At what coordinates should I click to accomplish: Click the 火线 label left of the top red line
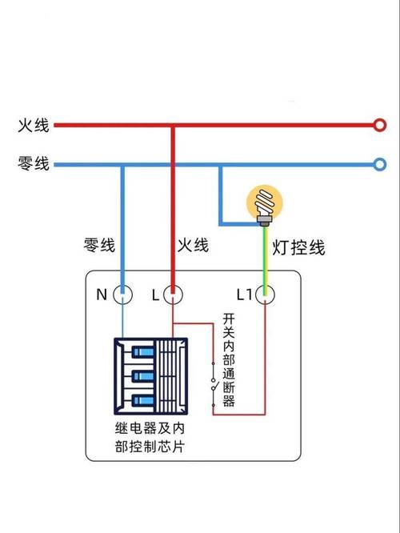pyautogui.click(x=34, y=126)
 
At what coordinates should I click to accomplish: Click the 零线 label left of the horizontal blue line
pyautogui.click(x=34, y=165)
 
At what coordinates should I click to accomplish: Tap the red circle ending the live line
pyautogui.click(x=380, y=126)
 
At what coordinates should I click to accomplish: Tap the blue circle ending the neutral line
pyautogui.click(x=380, y=165)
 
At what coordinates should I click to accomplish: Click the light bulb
pyautogui.click(x=263, y=202)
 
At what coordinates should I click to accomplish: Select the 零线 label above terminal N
pyautogui.click(x=101, y=245)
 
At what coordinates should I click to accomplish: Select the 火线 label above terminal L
pyautogui.click(x=192, y=245)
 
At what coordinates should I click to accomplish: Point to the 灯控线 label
pyautogui.click(x=298, y=248)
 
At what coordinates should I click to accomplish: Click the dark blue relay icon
pyautogui.click(x=152, y=375)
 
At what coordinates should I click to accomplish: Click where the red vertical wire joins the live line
pyautogui.click(x=172, y=126)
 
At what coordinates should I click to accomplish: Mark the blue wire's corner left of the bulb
pyautogui.click(x=221, y=222)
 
